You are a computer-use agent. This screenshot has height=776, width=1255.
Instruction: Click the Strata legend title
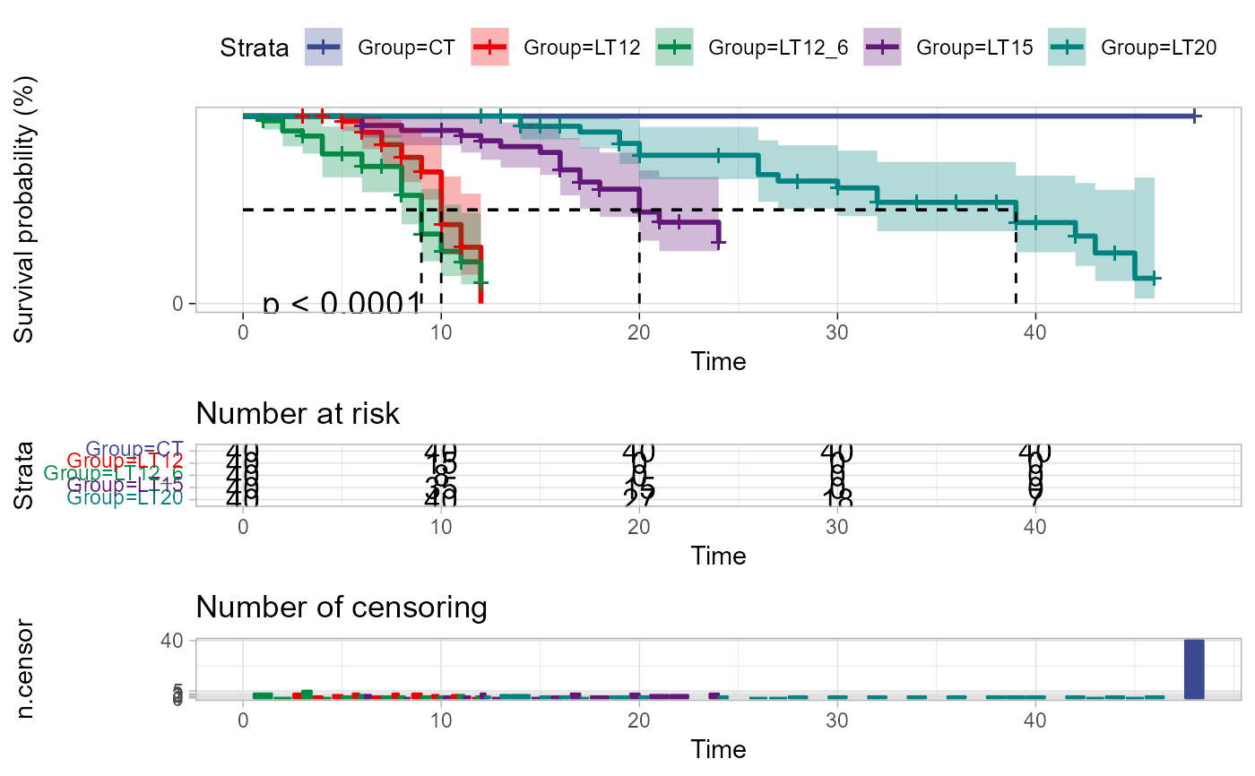tap(255, 48)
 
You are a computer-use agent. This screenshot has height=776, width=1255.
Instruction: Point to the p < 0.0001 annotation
tap(342, 305)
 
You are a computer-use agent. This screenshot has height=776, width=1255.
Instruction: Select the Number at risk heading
tap(298, 414)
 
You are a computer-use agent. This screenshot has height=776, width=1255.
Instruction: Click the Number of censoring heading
tap(342, 608)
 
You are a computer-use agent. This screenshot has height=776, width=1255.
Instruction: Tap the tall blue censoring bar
tap(1194, 668)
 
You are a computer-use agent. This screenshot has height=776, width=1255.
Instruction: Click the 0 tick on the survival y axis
tap(177, 304)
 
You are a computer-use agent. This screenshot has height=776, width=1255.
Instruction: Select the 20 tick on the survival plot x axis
tap(638, 331)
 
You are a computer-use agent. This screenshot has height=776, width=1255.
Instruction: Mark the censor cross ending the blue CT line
tap(1194, 116)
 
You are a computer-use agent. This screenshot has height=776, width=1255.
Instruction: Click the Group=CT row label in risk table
tap(134, 449)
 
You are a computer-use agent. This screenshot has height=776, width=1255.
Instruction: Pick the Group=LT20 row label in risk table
tap(131, 497)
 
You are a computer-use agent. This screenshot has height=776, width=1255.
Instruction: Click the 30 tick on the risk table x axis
tap(837, 528)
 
